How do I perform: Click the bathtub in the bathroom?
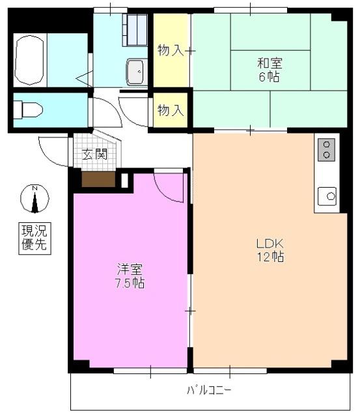point(29,61)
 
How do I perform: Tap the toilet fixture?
point(29,109)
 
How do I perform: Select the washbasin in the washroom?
point(136,72)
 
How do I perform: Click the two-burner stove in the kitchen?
point(326,149)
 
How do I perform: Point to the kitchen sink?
point(327,194)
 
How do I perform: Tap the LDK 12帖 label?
point(269,250)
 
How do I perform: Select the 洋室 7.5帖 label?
point(130,276)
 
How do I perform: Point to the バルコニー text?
point(210,391)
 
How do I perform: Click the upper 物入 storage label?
point(171,50)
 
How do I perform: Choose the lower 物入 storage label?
point(171,110)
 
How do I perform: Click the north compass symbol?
point(35,199)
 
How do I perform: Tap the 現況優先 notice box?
point(35,238)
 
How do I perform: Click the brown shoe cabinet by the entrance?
point(98,179)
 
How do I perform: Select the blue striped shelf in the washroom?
point(135,29)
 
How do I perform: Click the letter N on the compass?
point(35,189)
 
